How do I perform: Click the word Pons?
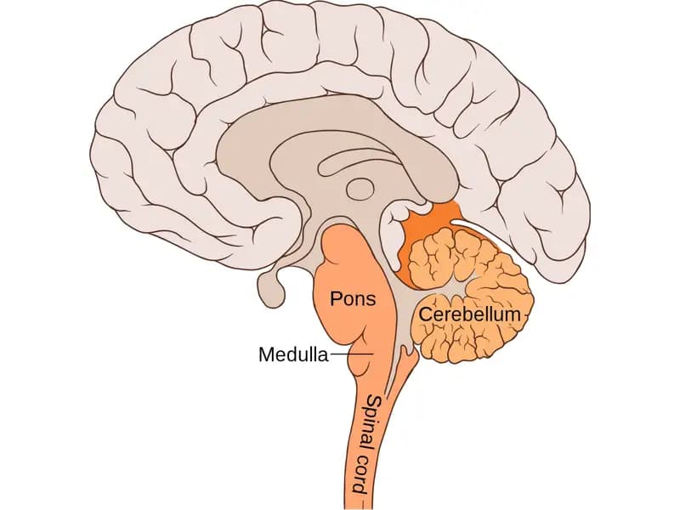click(353, 299)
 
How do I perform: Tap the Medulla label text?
click(293, 354)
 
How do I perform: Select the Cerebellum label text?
click(469, 314)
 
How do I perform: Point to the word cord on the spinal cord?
click(360, 476)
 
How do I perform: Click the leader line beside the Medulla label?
click(352, 354)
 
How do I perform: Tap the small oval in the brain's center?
click(360, 189)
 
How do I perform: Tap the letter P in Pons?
click(336, 299)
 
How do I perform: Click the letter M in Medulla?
click(266, 354)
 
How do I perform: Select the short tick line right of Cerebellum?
click(524, 316)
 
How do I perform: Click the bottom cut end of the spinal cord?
click(354, 507)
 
